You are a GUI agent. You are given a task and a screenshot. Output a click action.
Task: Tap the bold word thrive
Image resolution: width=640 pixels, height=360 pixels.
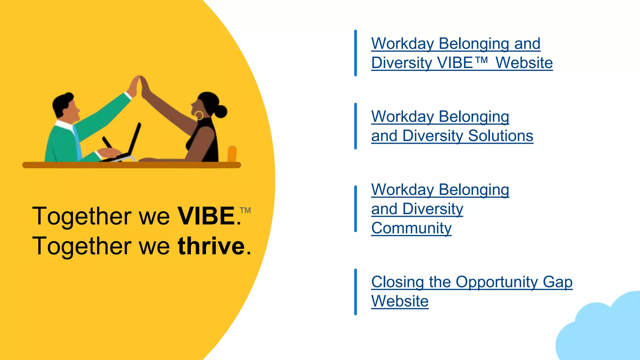[x=211, y=246]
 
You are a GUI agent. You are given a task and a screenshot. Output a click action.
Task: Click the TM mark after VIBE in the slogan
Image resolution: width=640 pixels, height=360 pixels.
[x=246, y=210]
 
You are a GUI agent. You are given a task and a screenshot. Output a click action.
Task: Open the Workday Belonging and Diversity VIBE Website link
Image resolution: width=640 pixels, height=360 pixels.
[x=462, y=53]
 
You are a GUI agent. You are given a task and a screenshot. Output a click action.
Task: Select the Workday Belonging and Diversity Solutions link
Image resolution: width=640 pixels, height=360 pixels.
[x=452, y=126]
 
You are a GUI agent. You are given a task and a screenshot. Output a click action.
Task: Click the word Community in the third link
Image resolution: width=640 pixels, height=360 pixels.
[x=411, y=228]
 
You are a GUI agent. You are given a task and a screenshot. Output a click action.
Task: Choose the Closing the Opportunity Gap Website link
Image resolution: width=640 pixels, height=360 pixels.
[x=471, y=291]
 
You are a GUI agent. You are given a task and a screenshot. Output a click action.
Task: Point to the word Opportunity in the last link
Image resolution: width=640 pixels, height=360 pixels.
[x=497, y=282]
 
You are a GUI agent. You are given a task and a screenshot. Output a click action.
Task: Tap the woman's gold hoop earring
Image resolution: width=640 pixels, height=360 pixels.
[x=199, y=115]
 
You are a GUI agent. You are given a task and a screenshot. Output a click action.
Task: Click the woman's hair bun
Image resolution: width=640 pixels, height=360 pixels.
[x=221, y=111]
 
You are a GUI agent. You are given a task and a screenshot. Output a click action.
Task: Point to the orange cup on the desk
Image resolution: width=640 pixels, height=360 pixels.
[x=232, y=154]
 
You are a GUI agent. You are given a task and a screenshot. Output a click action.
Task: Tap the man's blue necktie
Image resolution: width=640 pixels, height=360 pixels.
[x=77, y=142]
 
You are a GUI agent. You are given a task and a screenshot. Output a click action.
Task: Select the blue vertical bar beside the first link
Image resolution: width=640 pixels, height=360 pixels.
[x=356, y=53]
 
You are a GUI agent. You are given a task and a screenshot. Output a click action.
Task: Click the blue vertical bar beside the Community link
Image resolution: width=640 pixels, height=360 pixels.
[x=356, y=209]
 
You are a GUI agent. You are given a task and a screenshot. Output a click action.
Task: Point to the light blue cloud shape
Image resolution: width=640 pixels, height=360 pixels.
[x=603, y=331]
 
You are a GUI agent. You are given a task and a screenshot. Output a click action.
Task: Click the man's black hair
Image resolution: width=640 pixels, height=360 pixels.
[x=62, y=102]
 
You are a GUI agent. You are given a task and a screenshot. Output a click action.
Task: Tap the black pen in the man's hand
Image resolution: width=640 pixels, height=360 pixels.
[x=107, y=142]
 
